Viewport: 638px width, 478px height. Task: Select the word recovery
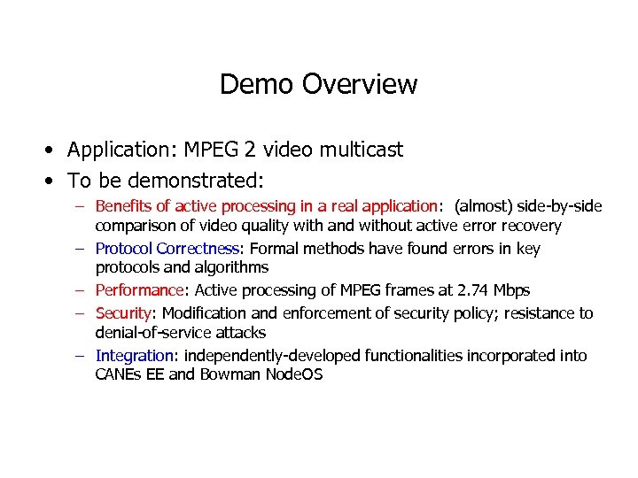(529, 226)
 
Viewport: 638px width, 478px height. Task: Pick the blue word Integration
(135, 356)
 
